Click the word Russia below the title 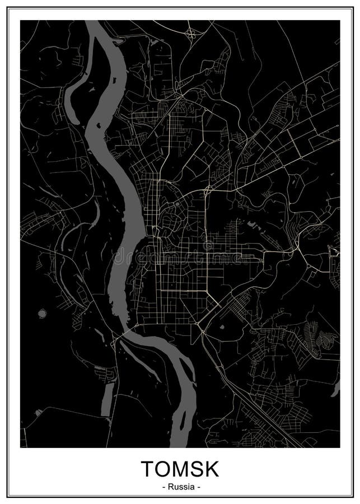[180, 487]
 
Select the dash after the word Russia [198, 487]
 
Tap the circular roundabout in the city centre [177, 204]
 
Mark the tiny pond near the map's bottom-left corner [38, 413]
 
